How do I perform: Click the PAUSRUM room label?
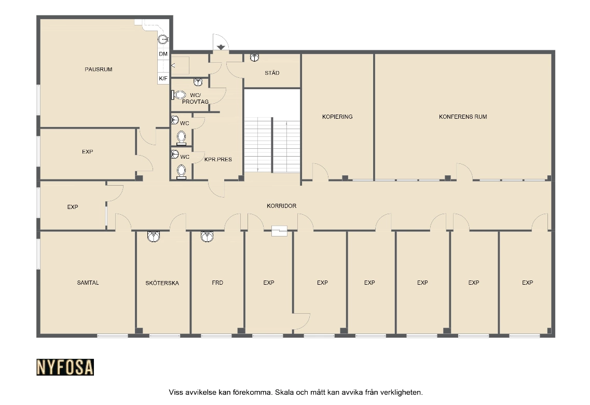(98, 69)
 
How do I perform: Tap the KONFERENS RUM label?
(463, 117)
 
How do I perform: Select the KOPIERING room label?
(337, 117)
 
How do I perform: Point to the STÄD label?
(272, 73)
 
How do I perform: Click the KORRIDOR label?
(281, 206)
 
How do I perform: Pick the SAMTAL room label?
(88, 283)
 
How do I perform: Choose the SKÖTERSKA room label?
(162, 283)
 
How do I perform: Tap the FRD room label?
(217, 283)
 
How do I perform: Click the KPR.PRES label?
(218, 159)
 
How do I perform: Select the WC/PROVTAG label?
(195, 99)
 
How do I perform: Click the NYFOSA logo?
(65, 367)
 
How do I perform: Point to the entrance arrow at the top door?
(221, 47)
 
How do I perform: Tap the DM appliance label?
(163, 54)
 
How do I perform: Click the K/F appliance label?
(163, 79)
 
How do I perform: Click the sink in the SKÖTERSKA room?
(154, 236)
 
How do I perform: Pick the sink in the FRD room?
(207, 236)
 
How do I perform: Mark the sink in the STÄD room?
(254, 58)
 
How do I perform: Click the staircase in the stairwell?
(272, 145)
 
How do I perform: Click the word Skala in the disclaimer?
(284, 392)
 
